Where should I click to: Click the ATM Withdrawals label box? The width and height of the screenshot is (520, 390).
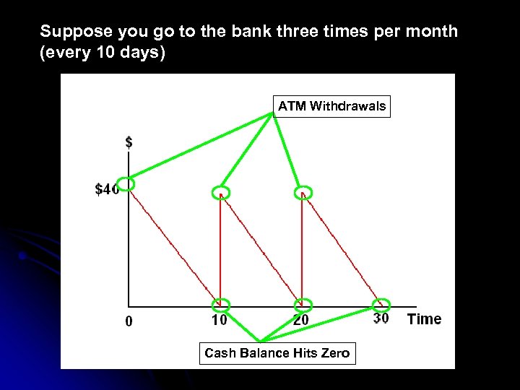pos(331,106)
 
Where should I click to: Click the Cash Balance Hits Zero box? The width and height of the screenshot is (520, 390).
pos(277,353)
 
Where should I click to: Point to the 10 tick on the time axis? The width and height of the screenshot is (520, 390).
pos(219,319)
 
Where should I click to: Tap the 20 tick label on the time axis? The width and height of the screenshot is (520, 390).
pos(302,319)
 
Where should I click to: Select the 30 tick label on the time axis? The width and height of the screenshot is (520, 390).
pos(381,318)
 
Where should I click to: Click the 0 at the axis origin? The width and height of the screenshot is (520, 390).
pos(129,322)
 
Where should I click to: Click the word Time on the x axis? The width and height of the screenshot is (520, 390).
pos(424,319)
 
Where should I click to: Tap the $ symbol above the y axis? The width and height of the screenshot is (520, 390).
pos(129,143)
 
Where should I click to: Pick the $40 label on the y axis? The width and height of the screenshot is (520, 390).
pos(106,190)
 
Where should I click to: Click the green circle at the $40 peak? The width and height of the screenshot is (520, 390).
pos(126,184)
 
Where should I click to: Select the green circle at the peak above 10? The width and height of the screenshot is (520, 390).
pos(220,192)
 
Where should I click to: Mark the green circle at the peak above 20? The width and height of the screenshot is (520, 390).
pos(304,192)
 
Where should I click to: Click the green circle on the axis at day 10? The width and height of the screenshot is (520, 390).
pos(221,305)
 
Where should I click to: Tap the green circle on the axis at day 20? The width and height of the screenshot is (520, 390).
pos(304,305)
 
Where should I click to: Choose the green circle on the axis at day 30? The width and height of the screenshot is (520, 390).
pos(381,305)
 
